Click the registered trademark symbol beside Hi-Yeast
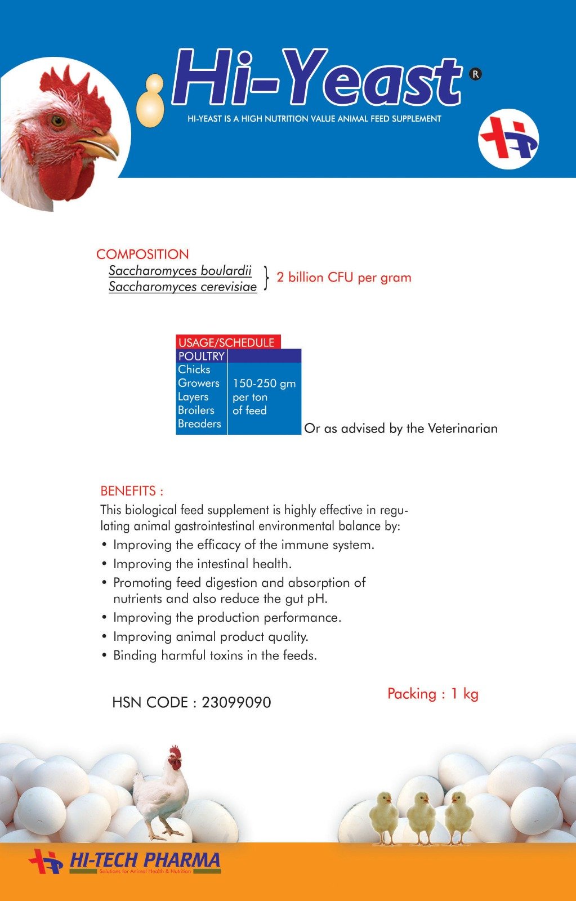point(475,74)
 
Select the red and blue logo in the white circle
point(508,140)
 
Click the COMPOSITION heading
point(142,254)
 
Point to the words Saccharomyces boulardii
point(180,271)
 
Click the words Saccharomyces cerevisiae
point(182,287)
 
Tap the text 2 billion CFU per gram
point(343,278)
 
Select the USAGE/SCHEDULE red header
point(227,342)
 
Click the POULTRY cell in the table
point(201,356)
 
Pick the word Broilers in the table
point(196,410)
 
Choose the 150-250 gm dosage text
point(264,383)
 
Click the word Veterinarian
point(462,429)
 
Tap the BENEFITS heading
point(132,490)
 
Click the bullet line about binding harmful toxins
point(215,655)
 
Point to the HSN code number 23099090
point(236,703)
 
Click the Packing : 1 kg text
point(432,694)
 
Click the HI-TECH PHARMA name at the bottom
point(144,860)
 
